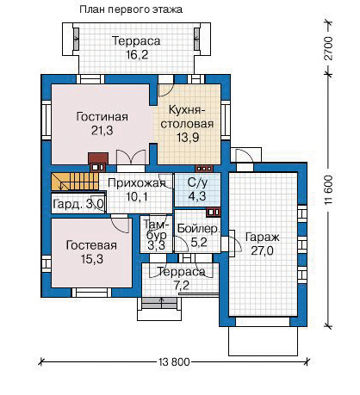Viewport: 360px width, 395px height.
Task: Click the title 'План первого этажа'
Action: point(131,9)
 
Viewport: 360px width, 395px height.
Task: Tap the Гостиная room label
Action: point(102,117)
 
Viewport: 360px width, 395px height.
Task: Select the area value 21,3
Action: point(102,131)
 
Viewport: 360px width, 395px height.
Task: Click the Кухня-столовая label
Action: point(187,117)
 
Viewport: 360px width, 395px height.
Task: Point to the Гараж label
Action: point(263,238)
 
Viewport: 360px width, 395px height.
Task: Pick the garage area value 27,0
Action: point(263,250)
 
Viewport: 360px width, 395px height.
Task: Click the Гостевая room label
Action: point(91,245)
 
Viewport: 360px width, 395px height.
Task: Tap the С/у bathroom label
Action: point(197,183)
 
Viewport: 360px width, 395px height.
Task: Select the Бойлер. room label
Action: point(199,229)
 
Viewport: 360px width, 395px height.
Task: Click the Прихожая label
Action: point(137,183)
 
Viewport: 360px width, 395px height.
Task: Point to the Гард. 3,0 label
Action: point(78,205)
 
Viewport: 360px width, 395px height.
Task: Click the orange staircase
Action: point(75,182)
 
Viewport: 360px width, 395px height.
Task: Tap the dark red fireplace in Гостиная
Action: point(98,162)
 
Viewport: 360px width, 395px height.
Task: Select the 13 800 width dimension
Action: point(174,362)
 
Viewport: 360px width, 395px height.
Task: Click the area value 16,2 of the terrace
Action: point(137,54)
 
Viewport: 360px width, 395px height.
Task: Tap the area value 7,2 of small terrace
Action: point(182,286)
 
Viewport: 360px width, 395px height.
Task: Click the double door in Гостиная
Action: point(131,157)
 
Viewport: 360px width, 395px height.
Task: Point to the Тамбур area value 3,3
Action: point(156,246)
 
